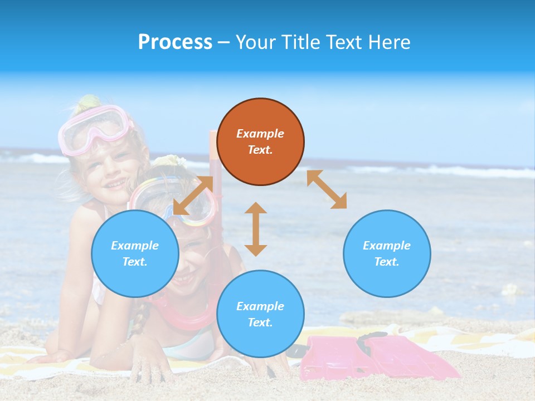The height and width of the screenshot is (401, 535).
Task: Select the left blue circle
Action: tap(135, 253)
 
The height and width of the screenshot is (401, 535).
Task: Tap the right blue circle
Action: tap(387, 253)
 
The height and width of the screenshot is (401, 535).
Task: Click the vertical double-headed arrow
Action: tap(256, 229)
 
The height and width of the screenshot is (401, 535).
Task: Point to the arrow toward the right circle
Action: tap(327, 189)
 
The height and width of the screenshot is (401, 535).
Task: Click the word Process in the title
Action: tap(175, 42)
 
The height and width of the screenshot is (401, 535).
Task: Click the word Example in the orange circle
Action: tap(260, 134)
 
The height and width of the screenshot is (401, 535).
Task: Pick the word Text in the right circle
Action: tap(386, 262)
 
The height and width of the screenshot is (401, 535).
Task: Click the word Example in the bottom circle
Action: tap(260, 306)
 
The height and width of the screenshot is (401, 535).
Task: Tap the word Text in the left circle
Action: tap(134, 262)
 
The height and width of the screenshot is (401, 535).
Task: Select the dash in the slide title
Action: tap(224, 42)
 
